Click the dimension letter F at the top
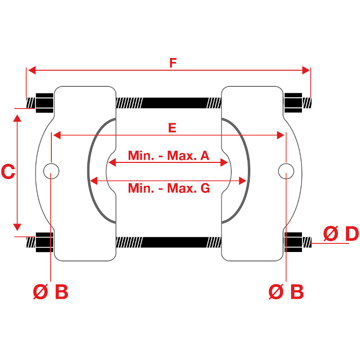pos(173,63)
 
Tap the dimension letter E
pos(172,128)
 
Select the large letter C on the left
pos(8,171)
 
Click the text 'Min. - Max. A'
pos(169,155)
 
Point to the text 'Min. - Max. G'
pos(169,188)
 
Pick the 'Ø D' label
pos(341,234)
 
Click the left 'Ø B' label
pos(50,292)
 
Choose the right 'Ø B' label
pos(286,292)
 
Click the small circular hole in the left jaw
pos(51,171)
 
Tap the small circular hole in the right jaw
pos(286,171)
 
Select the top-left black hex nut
pos(45,103)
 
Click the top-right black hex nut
pos(293,103)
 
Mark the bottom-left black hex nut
pos(45,242)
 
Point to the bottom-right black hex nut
pos(293,242)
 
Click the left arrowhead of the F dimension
pos(31,70)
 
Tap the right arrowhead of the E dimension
pos(280,135)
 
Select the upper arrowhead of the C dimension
pos(17,118)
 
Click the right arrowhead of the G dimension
pos(243,181)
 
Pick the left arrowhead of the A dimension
pos(112,162)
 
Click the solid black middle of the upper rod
pos(175,103)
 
